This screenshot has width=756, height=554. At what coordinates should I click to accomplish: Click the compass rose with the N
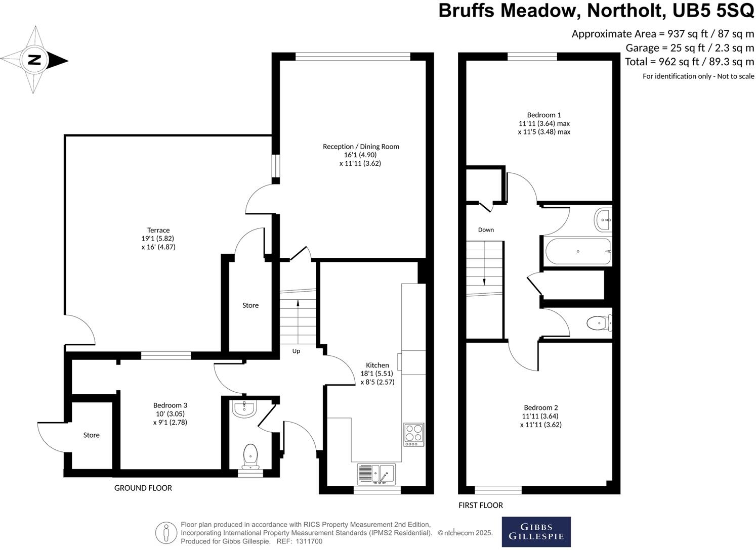pyautogui.click(x=34, y=60)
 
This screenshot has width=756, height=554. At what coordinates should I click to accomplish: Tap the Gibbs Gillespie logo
pyautogui.click(x=536, y=532)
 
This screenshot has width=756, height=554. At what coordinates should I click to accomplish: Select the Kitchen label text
pyautogui.click(x=377, y=365)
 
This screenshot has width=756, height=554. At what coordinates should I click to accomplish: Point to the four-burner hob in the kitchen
pyautogui.click(x=414, y=434)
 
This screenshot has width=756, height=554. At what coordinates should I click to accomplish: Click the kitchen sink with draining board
pyautogui.click(x=376, y=474)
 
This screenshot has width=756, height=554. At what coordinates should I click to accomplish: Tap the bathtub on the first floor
pyautogui.click(x=578, y=251)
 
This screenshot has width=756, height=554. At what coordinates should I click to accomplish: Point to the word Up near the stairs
pyautogui.click(x=296, y=351)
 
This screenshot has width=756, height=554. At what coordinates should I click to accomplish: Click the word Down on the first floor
pyautogui.click(x=486, y=229)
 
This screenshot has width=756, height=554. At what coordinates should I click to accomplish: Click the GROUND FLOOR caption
pyautogui.click(x=143, y=488)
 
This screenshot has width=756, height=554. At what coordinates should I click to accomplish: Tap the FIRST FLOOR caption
pyautogui.click(x=481, y=505)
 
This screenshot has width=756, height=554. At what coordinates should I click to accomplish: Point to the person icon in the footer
pyautogui.click(x=166, y=533)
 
